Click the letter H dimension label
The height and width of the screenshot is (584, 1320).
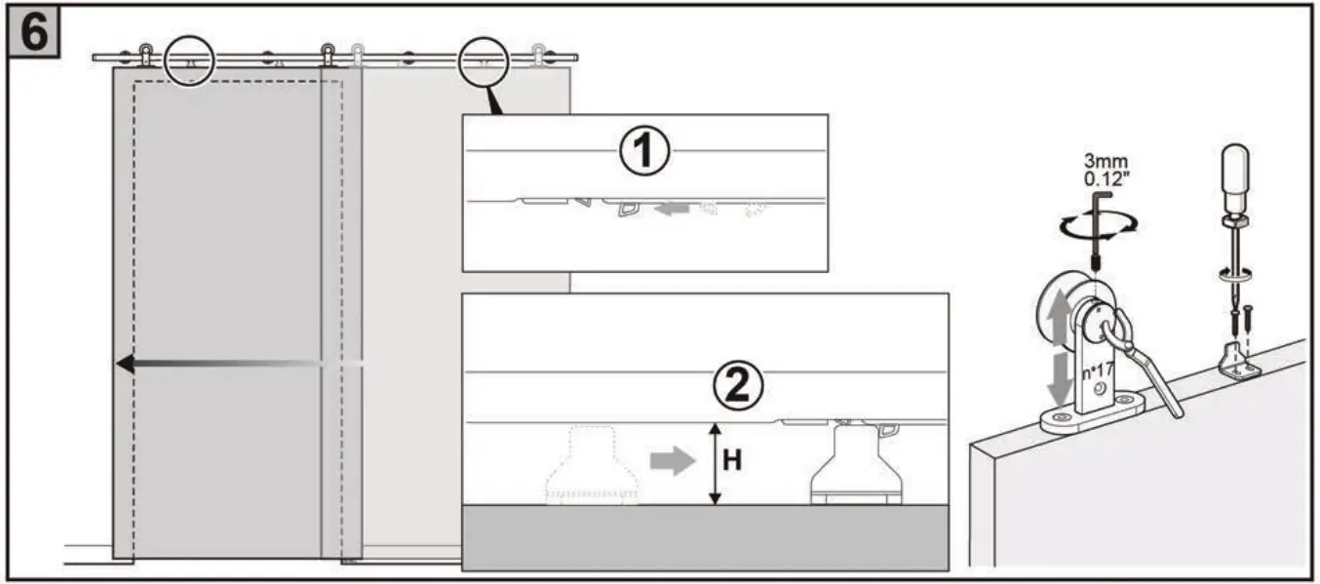pyautogui.click(x=732, y=461)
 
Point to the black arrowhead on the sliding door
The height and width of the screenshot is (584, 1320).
pyautogui.click(x=125, y=364)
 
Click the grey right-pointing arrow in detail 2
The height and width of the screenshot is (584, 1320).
pyautogui.click(x=669, y=461)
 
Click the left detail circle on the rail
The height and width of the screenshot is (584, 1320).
pyautogui.click(x=190, y=60)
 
